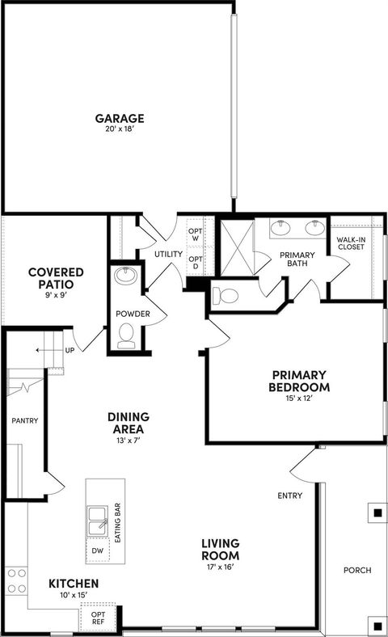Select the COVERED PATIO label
52,278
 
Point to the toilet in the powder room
126,334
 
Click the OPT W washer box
196,234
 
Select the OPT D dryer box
196,263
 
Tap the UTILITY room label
169,255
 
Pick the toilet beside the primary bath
228,296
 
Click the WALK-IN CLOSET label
351,242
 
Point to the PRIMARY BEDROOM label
298,380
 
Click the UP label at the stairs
70,351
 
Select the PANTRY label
25,420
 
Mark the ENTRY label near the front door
289,496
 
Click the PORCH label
356,570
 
